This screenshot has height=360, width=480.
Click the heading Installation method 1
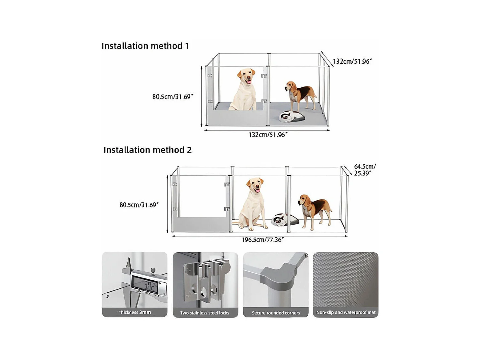145,46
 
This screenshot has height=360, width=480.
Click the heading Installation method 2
147,150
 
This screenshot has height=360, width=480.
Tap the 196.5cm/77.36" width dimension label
263,240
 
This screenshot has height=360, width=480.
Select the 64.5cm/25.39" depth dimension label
365,170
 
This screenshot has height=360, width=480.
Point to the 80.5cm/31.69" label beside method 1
173,97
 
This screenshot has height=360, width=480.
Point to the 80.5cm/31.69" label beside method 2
139,205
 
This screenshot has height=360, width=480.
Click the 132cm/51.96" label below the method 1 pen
268,135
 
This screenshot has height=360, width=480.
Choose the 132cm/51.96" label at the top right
352,62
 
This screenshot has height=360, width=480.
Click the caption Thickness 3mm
135,312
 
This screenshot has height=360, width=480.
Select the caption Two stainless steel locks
205,313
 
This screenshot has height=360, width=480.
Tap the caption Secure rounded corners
276,313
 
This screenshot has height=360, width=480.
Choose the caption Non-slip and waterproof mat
346,312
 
